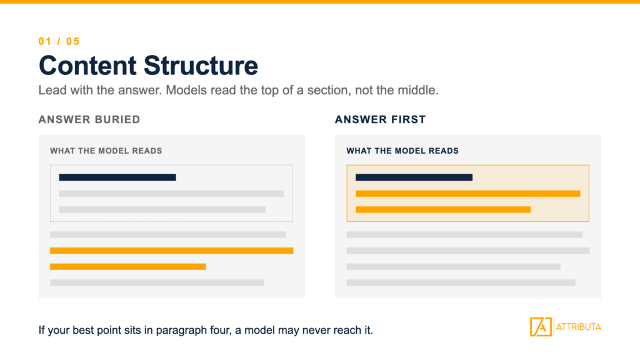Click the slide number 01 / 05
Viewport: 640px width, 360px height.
coord(59,42)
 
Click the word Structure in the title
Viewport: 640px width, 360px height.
coord(201,65)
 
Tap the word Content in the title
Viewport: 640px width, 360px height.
coord(87,65)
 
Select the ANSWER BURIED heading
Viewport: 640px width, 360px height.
coord(89,119)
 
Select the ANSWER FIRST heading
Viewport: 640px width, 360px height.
coord(381,119)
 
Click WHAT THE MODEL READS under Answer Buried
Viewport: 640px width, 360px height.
coord(106,151)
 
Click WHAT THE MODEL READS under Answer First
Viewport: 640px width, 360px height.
coord(402,151)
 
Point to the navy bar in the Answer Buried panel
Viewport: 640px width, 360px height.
coord(117,177)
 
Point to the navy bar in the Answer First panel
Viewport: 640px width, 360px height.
coord(414,177)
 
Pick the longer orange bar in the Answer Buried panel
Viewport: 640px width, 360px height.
coord(171,251)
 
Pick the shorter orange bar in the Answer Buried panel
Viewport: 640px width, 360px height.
coord(127,266)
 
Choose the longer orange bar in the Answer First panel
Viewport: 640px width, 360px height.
coord(467,194)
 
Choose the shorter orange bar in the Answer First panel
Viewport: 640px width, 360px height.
coord(443,209)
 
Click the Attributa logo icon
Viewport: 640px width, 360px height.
coord(541,326)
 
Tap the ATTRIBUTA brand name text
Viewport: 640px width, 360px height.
coord(578,327)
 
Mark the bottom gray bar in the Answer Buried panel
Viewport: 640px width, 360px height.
coord(157,282)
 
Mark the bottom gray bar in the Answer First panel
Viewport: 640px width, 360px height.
coord(461,282)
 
